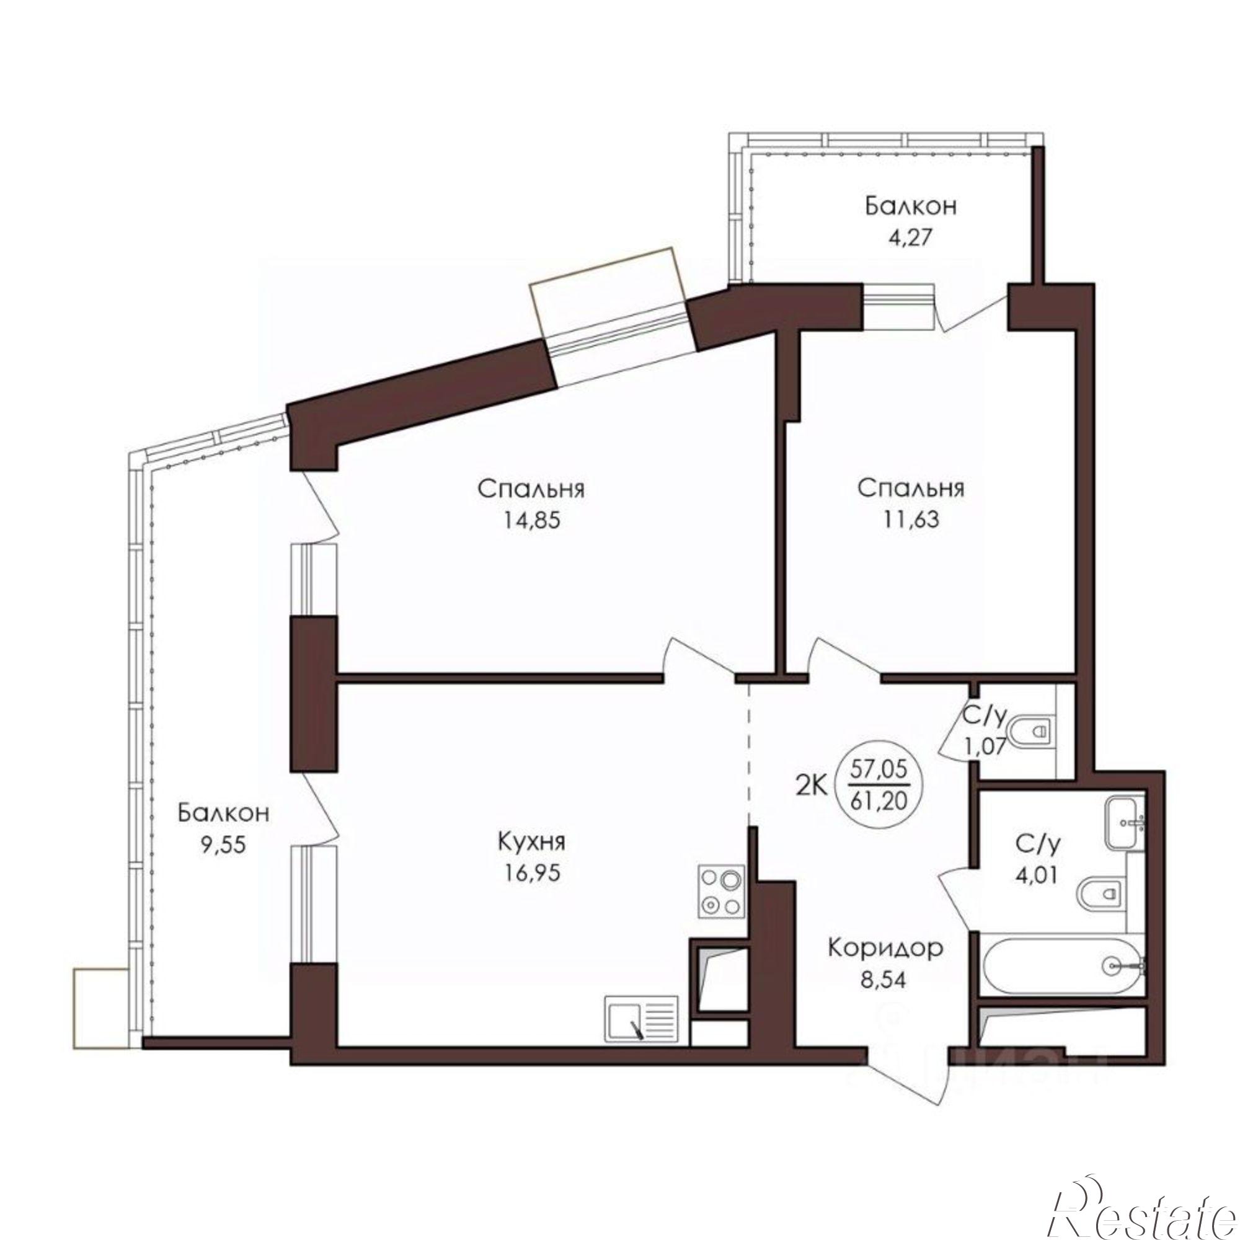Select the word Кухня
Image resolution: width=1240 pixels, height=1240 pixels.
tap(531, 841)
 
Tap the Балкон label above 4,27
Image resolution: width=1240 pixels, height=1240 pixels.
tap(911, 206)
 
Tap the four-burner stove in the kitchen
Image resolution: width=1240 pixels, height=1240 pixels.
tap(723, 892)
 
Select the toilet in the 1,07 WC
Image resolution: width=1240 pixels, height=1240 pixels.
tap(1032, 730)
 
